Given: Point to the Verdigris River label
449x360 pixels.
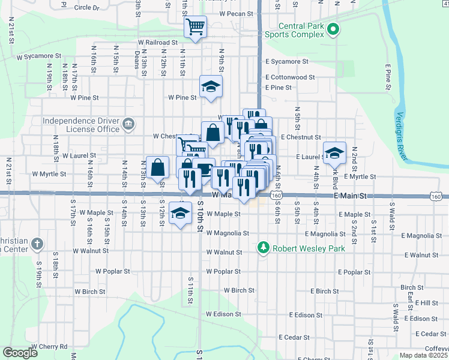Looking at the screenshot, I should pos(400,136).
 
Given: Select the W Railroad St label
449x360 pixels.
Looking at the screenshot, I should pos(158,43).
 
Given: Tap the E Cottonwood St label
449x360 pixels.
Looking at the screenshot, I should pos(291,77).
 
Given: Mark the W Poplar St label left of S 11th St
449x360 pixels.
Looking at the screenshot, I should pos(113,271).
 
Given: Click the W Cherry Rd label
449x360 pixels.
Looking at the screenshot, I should pos(50,347).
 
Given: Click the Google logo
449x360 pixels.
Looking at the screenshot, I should pos(20,353).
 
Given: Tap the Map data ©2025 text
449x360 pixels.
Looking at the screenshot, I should pos(423,356).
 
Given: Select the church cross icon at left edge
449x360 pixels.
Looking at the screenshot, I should pos(37,244).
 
